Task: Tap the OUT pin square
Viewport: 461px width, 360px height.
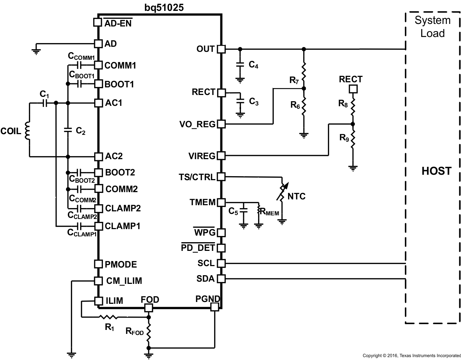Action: [221, 49]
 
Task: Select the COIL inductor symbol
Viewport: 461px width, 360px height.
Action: [27, 131]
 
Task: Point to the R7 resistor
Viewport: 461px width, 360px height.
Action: [304, 71]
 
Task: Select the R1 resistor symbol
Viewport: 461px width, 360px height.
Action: [108, 317]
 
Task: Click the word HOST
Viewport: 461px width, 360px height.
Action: [436, 171]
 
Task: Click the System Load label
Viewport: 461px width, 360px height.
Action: [432, 27]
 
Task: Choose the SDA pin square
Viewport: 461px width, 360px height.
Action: [221, 279]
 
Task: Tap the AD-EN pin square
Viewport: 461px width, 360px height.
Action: [97, 22]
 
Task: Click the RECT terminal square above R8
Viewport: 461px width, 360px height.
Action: [353, 89]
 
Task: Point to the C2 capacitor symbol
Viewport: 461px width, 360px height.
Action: [68, 130]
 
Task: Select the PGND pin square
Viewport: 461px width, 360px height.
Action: [215, 307]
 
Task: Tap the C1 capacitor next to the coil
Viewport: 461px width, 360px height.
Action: [45, 103]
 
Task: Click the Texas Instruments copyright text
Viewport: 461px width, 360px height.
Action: [411, 356]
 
